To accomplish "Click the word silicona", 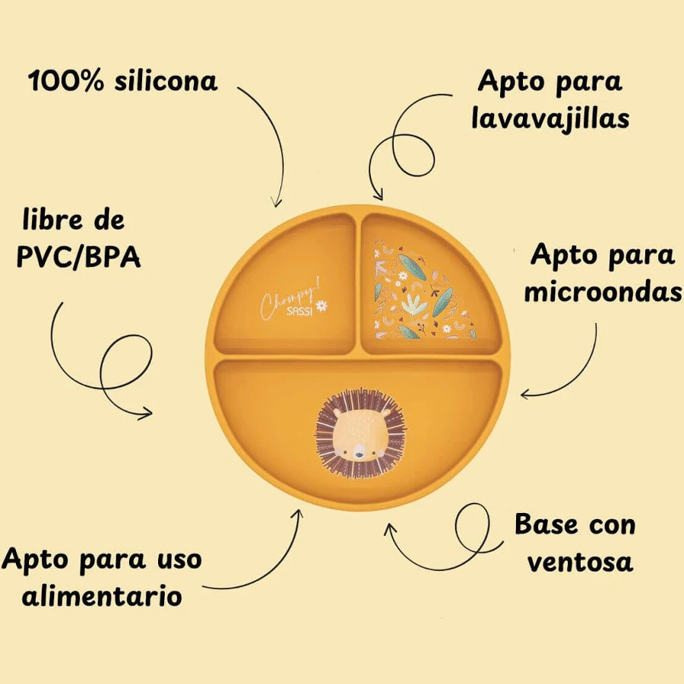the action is [x=166, y=81].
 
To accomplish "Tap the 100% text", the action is [x=66, y=81].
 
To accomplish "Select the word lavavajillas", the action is [x=550, y=118].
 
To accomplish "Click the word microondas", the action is [x=603, y=291].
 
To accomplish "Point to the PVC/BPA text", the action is [x=79, y=257].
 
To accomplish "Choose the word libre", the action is [x=52, y=220].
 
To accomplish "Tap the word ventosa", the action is [x=580, y=562].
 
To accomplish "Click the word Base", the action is [x=546, y=524].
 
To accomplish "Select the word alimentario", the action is [x=102, y=596].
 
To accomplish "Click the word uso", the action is [x=179, y=559].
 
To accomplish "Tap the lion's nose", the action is [x=359, y=455].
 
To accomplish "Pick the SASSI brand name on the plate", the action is [x=299, y=312].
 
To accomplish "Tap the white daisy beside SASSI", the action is [x=321, y=306].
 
